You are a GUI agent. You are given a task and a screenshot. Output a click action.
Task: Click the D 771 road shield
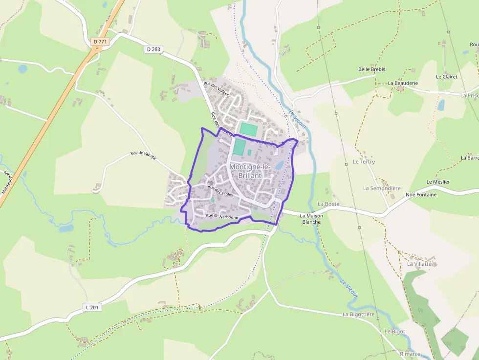[100, 42]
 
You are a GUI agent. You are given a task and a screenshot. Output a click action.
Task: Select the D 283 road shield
[153, 49]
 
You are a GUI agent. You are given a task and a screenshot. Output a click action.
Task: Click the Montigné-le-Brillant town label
[249, 171]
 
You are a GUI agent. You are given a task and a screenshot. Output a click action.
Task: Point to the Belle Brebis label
[371, 69]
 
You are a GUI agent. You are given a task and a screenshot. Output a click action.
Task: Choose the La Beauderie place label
[403, 83]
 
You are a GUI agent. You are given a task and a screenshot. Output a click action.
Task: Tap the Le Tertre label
[364, 161]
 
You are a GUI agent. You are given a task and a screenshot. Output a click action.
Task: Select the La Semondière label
[382, 188]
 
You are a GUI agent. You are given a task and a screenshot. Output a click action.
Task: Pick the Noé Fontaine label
[421, 194]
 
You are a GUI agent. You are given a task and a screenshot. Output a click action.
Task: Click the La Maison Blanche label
[311, 218]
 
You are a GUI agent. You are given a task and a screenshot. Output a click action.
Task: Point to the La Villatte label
[420, 264]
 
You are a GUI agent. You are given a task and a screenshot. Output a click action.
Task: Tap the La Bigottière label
[358, 314]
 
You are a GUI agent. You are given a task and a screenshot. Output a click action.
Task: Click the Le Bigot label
[394, 331]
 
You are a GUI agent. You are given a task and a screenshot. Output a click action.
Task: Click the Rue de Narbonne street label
[222, 216]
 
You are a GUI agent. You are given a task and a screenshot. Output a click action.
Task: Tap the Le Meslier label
[438, 182]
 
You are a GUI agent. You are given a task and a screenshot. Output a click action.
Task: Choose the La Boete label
[328, 204]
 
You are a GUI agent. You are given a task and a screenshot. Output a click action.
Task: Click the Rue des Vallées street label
[216, 90]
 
